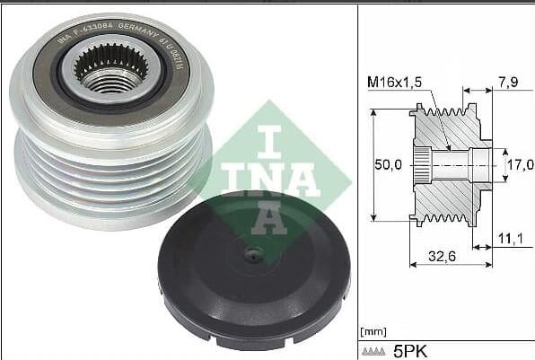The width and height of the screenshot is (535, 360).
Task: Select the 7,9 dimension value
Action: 506,83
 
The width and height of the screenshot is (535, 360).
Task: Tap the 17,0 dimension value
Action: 520,166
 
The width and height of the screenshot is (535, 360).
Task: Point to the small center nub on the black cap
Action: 254,255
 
